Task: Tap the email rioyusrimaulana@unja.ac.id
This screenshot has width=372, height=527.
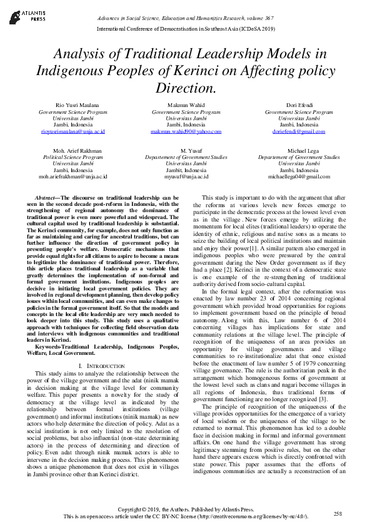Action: (73, 132)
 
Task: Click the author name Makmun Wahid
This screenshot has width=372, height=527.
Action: (186, 105)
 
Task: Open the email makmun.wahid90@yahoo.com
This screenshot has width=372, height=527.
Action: (186, 132)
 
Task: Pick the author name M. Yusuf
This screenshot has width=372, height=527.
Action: (186, 151)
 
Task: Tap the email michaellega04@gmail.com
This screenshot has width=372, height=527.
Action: (299, 177)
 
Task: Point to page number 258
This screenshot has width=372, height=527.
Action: (338, 513)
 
